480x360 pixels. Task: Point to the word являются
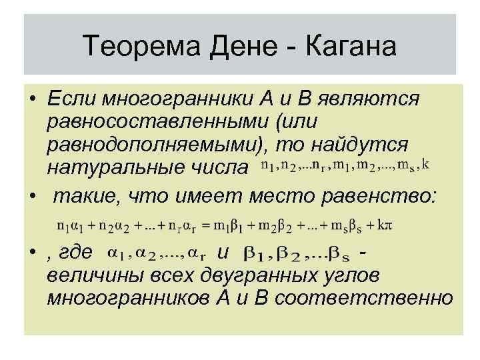click(x=367, y=99)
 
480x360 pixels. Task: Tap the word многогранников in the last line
click(x=134, y=298)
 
